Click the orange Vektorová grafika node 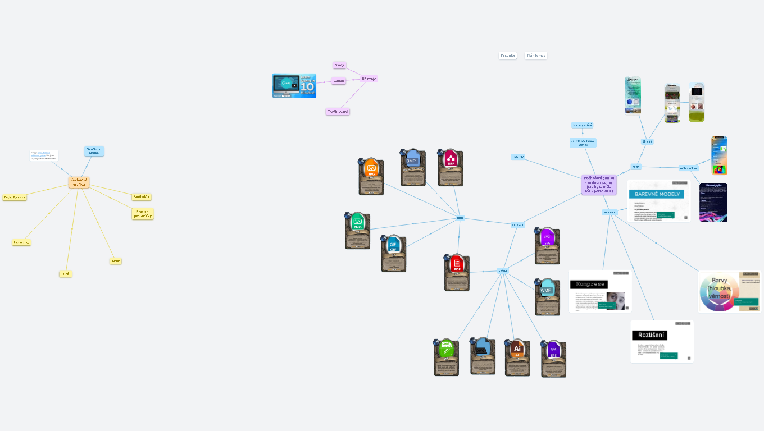point(79,182)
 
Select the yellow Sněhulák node point(142,197)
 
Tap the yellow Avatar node point(116,261)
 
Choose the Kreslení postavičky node point(143,214)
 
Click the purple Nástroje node point(369,79)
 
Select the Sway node point(339,65)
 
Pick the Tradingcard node point(338,112)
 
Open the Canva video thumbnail point(294,85)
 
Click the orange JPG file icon point(371,168)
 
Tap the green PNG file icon point(357,223)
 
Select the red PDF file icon point(457,264)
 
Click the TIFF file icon point(451,160)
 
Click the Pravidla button point(508,56)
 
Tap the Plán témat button point(536,56)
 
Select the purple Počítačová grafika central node point(599,185)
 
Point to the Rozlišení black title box point(650,335)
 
